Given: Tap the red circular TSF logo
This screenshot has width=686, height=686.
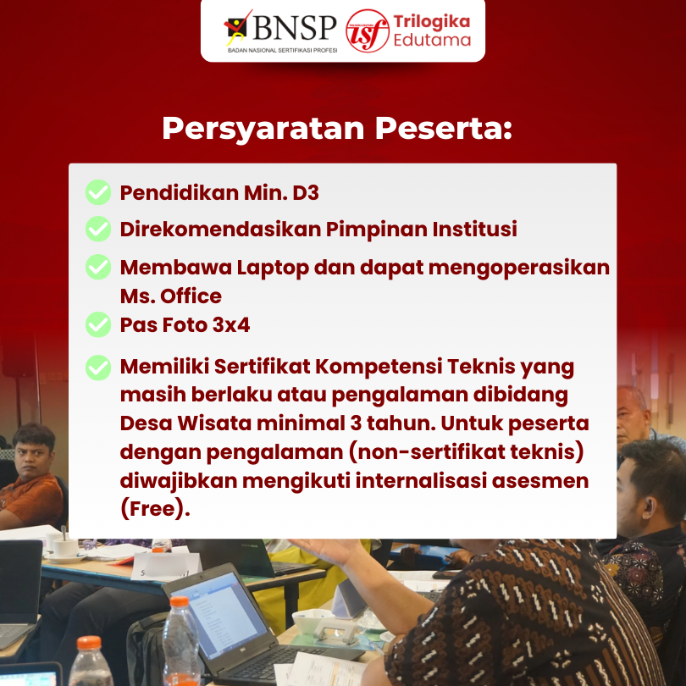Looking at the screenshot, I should (368, 30).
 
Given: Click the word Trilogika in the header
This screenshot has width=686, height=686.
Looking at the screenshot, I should (432, 21).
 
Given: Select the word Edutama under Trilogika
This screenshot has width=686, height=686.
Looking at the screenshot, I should (432, 40).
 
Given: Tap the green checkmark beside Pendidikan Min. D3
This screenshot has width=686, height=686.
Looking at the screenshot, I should (98, 192).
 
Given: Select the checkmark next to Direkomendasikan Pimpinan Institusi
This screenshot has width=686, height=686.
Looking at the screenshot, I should (98, 229).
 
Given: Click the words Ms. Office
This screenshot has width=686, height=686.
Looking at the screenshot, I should (170, 296).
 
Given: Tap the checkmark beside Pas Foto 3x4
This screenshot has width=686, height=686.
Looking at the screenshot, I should (98, 324).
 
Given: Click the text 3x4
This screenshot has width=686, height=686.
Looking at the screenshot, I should (231, 324).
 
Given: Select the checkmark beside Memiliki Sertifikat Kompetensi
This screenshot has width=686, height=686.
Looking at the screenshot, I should (98, 367).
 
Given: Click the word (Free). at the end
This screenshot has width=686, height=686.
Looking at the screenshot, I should (155, 509).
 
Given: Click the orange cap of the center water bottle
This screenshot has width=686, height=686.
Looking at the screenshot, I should (179, 602).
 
